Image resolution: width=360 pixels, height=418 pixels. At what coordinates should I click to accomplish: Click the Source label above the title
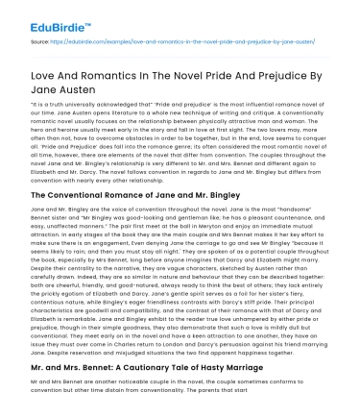tap(40, 43)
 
